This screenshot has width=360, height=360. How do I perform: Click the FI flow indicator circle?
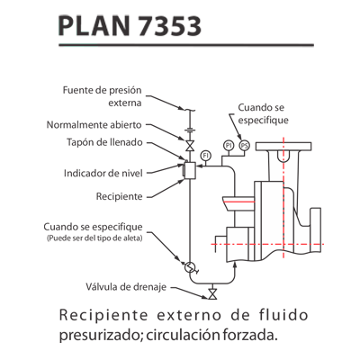[206, 156]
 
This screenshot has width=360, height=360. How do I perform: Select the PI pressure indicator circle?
[229, 146]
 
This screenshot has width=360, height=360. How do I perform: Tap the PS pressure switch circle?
[245, 146]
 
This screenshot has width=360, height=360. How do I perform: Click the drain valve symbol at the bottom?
[212, 294]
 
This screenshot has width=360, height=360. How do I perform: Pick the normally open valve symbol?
[190, 146]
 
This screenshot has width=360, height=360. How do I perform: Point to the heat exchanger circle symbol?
[190, 266]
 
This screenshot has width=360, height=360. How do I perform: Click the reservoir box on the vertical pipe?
[190, 171]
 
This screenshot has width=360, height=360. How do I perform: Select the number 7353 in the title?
[170, 26]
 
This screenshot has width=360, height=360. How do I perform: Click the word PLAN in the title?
[94, 26]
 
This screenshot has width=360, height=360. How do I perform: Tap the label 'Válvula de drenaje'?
[126, 287]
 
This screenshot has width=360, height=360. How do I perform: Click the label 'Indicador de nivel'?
[103, 173]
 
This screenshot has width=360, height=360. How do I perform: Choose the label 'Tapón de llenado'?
[104, 142]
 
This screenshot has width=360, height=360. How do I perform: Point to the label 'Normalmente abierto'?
[94, 124]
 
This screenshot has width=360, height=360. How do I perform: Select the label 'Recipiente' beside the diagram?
[119, 196]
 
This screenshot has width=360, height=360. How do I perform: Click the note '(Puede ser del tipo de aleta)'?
[94, 238]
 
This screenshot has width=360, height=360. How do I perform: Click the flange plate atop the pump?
[283, 146]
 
